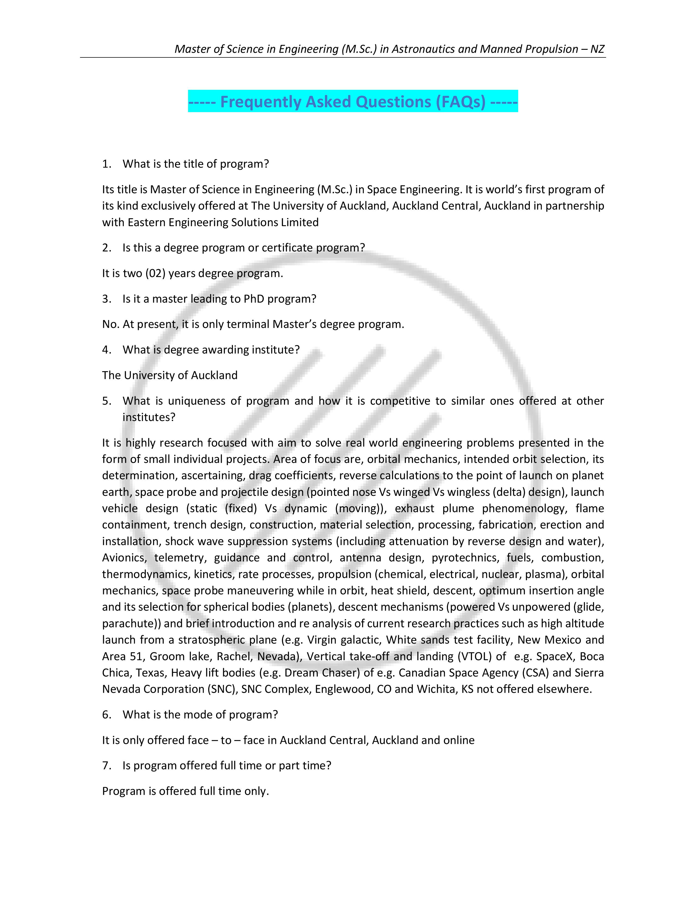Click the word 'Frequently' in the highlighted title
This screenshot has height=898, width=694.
coord(261,102)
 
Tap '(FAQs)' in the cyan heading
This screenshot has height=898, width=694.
coord(461,102)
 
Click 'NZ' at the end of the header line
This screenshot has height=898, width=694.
coord(597,49)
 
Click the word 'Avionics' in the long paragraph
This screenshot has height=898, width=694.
coord(124,558)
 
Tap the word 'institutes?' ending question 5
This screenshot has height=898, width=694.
coord(149,417)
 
